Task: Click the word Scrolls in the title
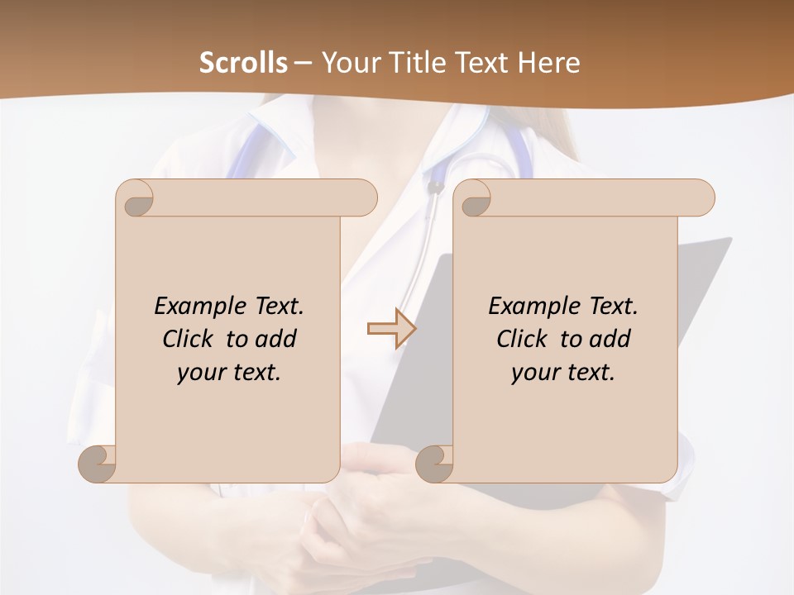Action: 244,63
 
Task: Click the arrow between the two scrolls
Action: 391,329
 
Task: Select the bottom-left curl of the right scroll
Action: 436,464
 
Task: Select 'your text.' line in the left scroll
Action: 229,372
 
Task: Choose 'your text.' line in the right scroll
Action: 563,372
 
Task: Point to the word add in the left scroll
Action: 275,339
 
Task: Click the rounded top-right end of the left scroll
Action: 364,198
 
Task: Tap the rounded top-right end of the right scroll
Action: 701,198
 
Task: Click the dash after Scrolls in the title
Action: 303,63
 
